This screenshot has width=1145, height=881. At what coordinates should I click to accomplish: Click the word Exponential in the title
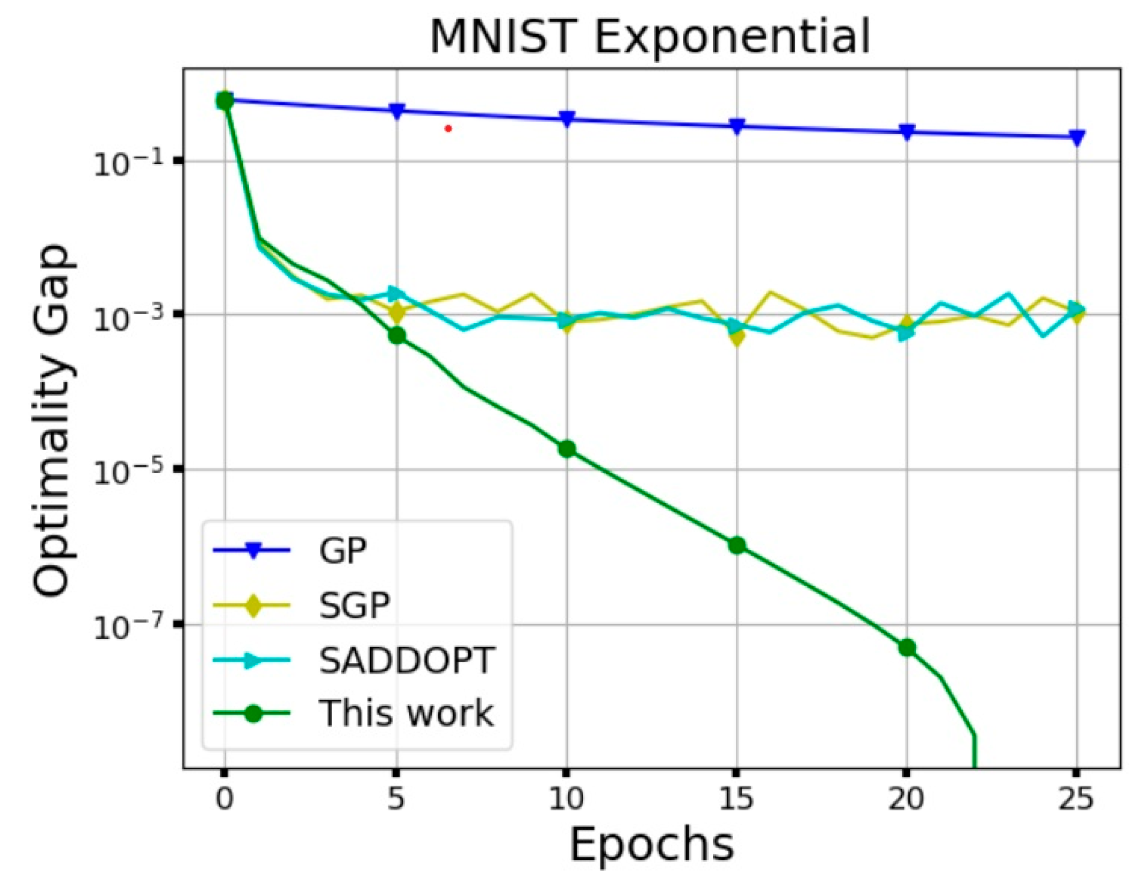(x=732, y=37)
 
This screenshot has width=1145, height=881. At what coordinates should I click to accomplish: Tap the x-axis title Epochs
(x=652, y=844)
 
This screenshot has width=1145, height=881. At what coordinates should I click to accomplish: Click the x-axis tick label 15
(x=736, y=798)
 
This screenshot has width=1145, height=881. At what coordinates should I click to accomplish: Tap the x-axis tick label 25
(x=1076, y=798)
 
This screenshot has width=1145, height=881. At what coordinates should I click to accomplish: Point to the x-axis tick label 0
(x=224, y=798)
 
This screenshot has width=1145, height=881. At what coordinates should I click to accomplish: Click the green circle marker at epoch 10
(x=567, y=449)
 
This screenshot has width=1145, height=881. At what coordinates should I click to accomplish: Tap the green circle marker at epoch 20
(x=907, y=647)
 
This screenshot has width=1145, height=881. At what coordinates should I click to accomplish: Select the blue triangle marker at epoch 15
(x=737, y=126)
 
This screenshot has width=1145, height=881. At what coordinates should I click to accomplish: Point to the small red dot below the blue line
(x=448, y=129)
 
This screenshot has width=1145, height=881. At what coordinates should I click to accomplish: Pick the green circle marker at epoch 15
(x=737, y=545)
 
